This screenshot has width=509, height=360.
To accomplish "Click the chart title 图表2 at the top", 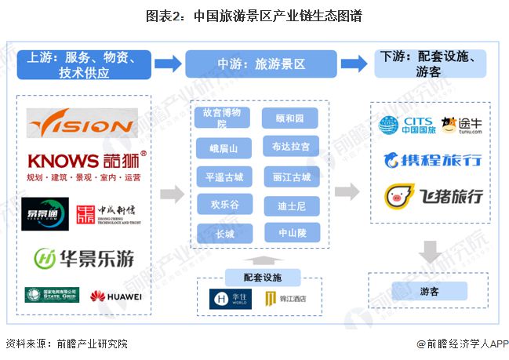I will (254, 16).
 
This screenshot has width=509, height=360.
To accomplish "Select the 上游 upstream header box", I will (84, 64).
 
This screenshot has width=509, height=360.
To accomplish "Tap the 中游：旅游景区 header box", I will (260, 64).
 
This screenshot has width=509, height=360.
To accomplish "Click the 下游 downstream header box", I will (430, 64).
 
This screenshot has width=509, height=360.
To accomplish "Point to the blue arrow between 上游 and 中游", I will (168, 64).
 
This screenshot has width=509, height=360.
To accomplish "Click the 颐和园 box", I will (291, 118).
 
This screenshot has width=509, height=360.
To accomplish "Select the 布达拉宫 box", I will (291, 147).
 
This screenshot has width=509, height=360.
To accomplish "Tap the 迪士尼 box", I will (291, 205).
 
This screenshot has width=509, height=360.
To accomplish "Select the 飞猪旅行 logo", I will (432, 196).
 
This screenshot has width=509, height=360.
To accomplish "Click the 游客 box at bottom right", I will (429, 291).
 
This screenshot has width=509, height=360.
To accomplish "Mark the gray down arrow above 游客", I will (429, 252).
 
